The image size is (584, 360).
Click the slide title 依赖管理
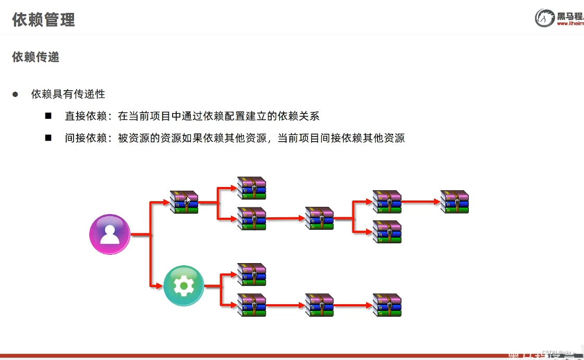pyautogui.click(x=44, y=20)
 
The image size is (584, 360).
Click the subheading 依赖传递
pyautogui.click(x=36, y=57)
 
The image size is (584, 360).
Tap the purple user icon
pyautogui.click(x=110, y=234)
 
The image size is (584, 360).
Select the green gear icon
pyautogui.click(x=183, y=285)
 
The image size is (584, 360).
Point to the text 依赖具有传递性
pyautogui.click(x=68, y=94)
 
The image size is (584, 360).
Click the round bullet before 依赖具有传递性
pyautogui.click(x=16, y=94)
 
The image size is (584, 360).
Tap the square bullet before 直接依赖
pyautogui.click(x=48, y=116)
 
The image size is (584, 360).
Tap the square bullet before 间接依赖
pyautogui.click(x=48, y=138)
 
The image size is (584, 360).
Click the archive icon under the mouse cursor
pyautogui.click(x=184, y=202)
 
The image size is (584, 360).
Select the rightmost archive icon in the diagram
pyautogui.click(x=455, y=202)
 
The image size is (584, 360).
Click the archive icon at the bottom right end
pyautogui.click(x=387, y=305)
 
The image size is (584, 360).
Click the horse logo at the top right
pyautogui.click(x=544, y=18)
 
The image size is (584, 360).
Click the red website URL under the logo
pyautogui.click(x=569, y=23)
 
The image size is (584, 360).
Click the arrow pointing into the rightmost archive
pyautogui.click(x=421, y=202)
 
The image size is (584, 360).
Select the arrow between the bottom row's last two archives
pyautogui.click(x=354, y=305)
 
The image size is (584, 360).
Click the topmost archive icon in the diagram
pyautogui.click(x=252, y=188)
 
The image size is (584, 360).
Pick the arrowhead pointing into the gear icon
pyautogui.click(x=160, y=285)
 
